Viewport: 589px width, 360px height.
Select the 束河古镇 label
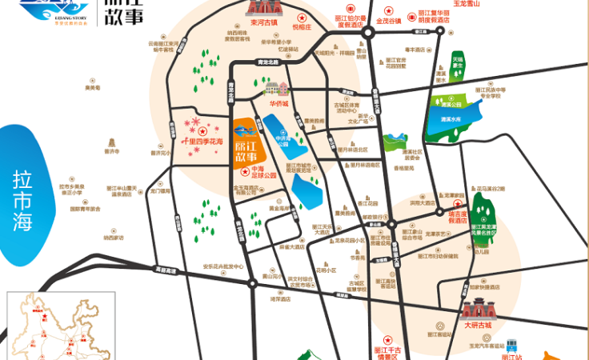[265, 22]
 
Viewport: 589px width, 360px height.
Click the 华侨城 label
[278, 103]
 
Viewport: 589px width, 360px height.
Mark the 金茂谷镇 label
[391, 21]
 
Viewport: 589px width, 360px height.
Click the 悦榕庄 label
[301, 26]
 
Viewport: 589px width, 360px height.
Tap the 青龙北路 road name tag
[267, 62]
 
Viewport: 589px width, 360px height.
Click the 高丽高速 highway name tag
[166, 270]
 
